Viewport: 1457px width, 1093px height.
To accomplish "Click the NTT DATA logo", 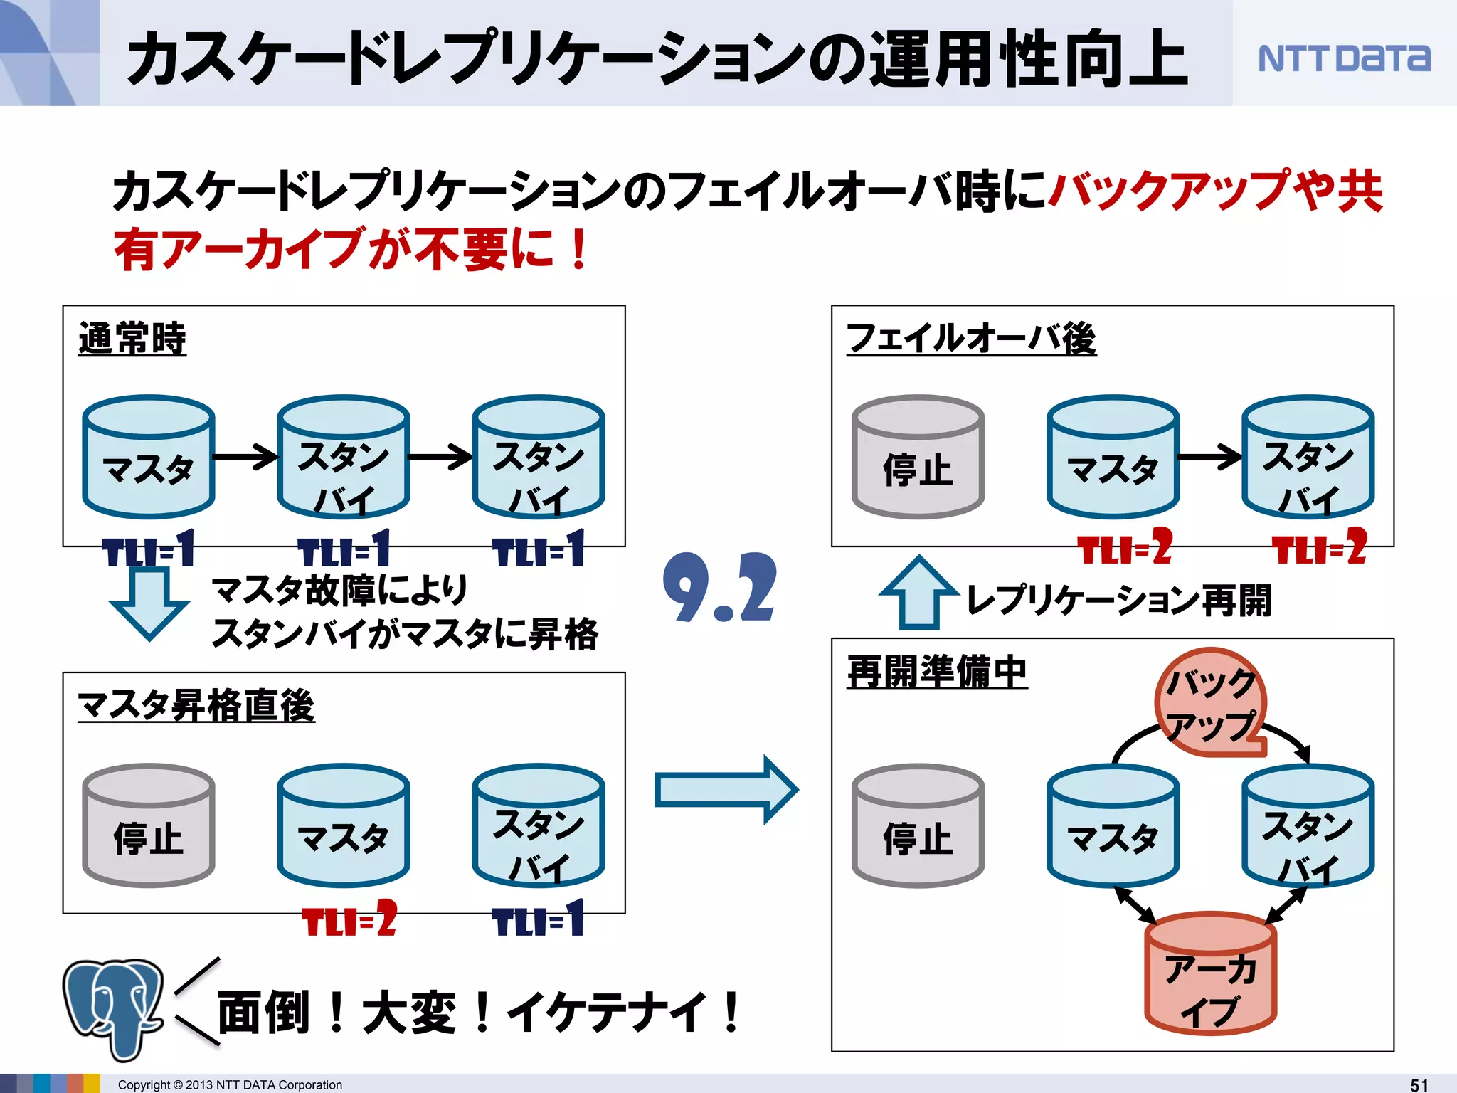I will click(1343, 58).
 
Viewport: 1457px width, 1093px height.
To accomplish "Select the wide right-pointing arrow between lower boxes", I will click(726, 790).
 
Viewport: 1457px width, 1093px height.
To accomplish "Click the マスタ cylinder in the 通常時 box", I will click(148, 457).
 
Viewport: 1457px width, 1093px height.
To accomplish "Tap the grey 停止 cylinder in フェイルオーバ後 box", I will click(918, 457).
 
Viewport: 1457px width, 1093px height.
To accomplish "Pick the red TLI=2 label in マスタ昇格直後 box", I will click(349, 919).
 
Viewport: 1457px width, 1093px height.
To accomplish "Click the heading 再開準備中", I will click(936, 672).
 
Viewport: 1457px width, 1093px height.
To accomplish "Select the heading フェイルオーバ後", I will click(970, 339).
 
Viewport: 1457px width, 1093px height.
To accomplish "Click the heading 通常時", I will click(132, 339).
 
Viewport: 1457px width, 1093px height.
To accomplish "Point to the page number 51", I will click(1419, 1084).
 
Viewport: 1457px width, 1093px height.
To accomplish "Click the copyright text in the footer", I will click(229, 1084).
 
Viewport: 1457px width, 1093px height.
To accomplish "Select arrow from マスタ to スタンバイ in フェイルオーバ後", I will click(1209, 458).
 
